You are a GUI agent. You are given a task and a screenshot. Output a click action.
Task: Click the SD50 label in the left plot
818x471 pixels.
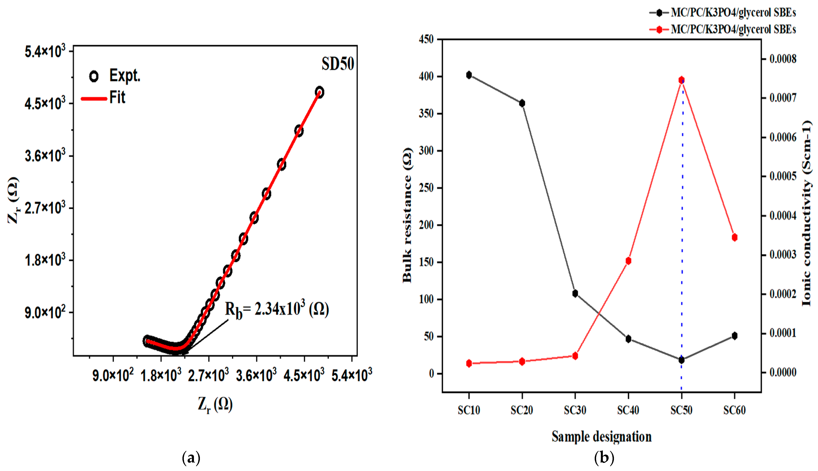click(x=338, y=64)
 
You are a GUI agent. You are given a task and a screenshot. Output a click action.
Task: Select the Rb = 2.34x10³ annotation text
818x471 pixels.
click(x=277, y=310)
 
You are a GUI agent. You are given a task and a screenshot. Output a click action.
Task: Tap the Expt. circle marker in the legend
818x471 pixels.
click(x=94, y=76)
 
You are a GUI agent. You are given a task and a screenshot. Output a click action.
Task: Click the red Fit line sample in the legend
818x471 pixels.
click(x=94, y=98)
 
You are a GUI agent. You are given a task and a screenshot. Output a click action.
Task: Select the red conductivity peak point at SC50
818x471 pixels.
click(x=681, y=80)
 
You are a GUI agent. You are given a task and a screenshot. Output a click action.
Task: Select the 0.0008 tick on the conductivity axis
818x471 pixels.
click(x=783, y=59)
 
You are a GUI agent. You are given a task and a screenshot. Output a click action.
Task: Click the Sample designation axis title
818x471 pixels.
click(x=601, y=437)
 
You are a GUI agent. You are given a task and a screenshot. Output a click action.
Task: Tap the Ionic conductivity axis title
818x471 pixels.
click(x=807, y=213)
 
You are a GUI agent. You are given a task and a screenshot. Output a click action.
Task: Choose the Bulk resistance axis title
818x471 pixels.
click(x=407, y=215)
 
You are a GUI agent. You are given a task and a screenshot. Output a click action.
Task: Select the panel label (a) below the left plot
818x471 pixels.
click(x=191, y=458)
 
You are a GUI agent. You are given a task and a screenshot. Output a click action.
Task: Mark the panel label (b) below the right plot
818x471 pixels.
click(x=604, y=458)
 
